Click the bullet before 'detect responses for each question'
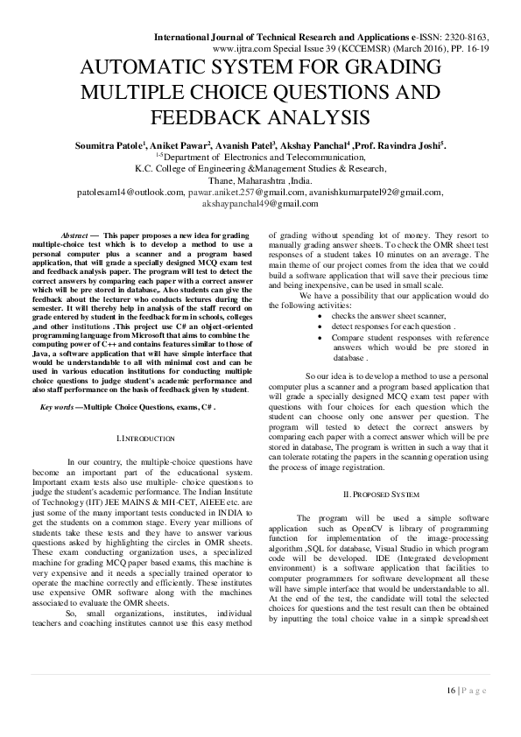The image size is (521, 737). tap(321, 348)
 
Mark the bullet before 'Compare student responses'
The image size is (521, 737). tap(321, 360)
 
